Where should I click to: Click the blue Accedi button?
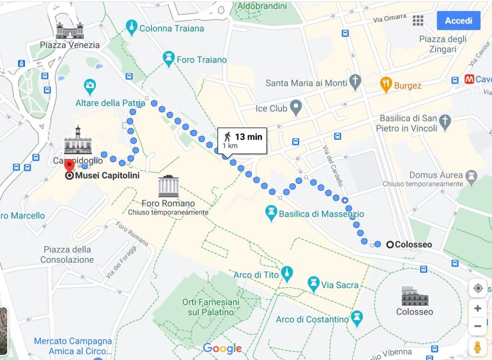pos(458,21)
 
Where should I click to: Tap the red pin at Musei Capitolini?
pos(70,166)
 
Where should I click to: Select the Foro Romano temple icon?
pos(168,186)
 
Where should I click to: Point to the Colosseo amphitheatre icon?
pos(414,296)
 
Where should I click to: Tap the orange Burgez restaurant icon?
pos(386,85)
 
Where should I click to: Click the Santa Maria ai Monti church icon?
pos(355,82)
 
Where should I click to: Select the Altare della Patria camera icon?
pos(89,86)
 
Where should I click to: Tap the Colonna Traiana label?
pos(171,28)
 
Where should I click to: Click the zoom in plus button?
pos(478,308)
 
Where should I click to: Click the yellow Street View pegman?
pos(478,347)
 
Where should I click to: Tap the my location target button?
pos(478,288)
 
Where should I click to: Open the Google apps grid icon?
pos(418,20)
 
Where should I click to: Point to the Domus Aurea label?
pos(436,175)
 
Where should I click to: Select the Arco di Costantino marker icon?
pos(357,318)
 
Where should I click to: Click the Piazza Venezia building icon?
pos(70,31)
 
